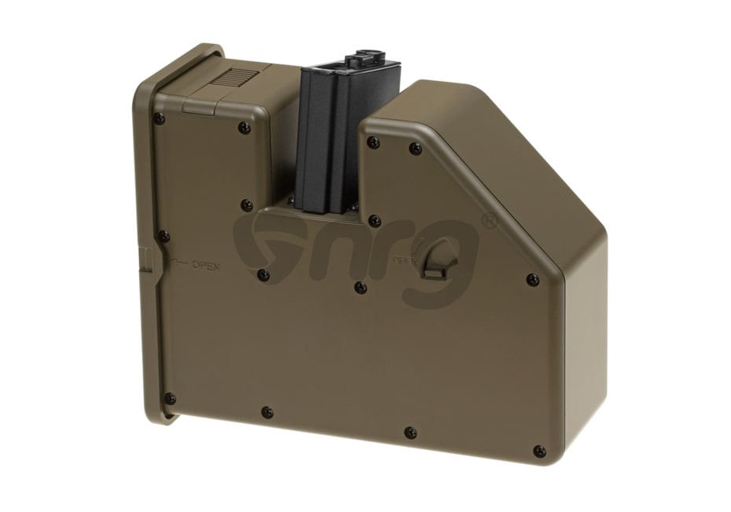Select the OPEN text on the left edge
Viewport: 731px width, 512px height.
point(205,266)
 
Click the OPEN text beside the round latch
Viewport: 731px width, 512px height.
point(403,260)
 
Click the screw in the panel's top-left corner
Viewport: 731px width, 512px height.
point(160,119)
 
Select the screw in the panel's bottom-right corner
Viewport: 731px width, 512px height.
point(538,451)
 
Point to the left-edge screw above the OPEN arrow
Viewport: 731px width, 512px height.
point(163,235)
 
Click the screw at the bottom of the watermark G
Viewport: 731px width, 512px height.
point(264,274)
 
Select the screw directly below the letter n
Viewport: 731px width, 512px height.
point(360,286)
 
